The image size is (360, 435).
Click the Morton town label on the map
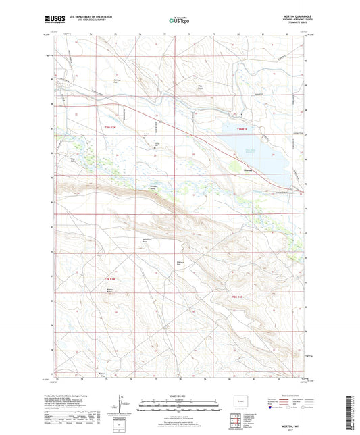click(x=247, y=170)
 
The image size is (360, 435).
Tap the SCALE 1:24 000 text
click(x=180, y=395)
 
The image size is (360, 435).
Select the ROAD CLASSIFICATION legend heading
click(x=287, y=394)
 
